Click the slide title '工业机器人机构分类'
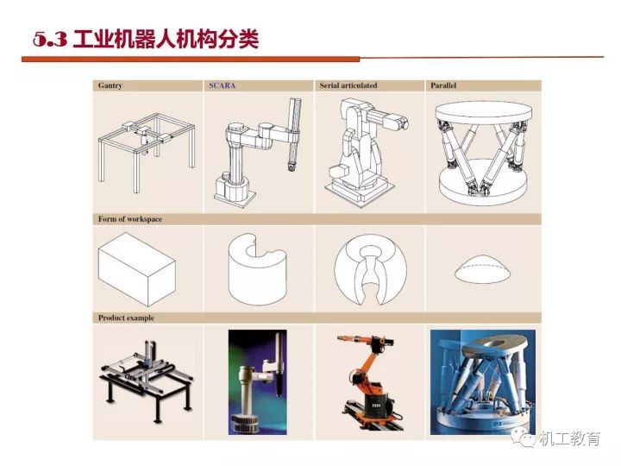tap(166, 40)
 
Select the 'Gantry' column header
tap(110, 85)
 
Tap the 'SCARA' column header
tap(223, 85)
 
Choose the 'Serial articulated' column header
tap(348, 85)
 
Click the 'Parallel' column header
tap(443, 85)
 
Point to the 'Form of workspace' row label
tap(130, 219)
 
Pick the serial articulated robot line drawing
tap(369, 149)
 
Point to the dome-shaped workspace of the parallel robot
tap(482, 268)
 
